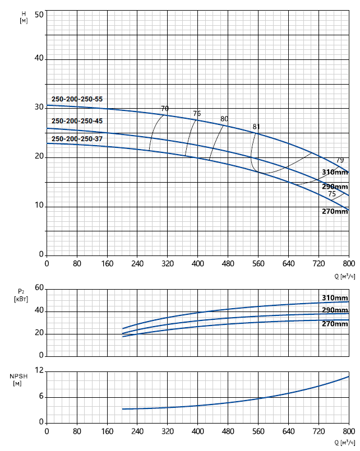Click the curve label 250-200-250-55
[x=77, y=99]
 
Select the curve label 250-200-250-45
[x=77, y=121]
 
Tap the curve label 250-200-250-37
[x=77, y=138]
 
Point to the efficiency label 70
[x=165, y=108]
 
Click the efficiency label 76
[x=197, y=114]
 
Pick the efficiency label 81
[x=256, y=127]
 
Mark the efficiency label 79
[x=340, y=160]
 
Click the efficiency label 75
[x=332, y=194]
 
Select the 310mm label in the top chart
[x=335, y=172]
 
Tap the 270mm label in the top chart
[x=335, y=211]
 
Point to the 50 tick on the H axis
[x=39, y=14]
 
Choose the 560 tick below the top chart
[x=259, y=263]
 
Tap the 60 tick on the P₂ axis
[x=39, y=287]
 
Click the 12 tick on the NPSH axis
[x=39, y=371]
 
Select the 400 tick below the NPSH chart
[x=198, y=431]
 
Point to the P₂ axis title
[x=21, y=295]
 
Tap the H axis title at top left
[x=23, y=17]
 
